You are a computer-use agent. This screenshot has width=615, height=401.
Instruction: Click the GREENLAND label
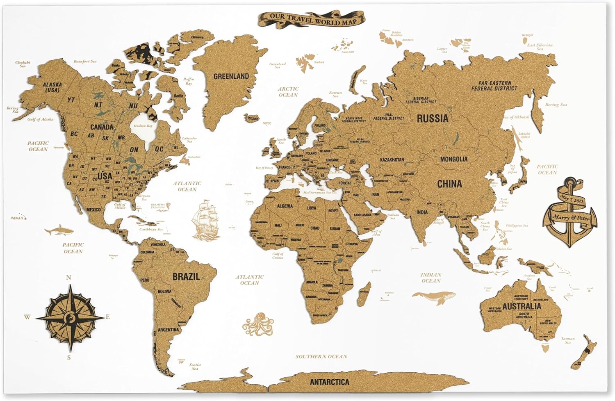[x=231, y=76]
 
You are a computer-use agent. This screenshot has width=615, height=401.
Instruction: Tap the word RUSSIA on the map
[x=433, y=118]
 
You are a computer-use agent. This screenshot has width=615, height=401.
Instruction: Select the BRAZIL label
[x=186, y=276]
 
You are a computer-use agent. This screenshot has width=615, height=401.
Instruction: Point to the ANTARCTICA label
[x=329, y=382]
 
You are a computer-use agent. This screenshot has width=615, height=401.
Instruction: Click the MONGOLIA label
[x=453, y=159]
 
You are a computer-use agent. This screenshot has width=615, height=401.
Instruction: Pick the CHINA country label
[x=449, y=184]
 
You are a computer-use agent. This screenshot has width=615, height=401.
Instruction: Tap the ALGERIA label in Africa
[x=285, y=206]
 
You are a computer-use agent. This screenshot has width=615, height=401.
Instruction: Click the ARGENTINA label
[x=168, y=330]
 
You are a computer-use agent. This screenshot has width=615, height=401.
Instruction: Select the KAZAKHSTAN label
[x=392, y=159]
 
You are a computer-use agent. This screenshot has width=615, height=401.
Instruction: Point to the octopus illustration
[x=257, y=325]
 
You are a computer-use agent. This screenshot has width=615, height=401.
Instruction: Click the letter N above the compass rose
[x=68, y=278]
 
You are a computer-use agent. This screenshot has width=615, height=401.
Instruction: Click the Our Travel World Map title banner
[x=311, y=19]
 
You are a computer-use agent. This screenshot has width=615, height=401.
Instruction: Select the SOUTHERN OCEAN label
[x=321, y=356]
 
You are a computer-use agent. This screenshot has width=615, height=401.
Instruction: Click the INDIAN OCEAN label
[x=430, y=278]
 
